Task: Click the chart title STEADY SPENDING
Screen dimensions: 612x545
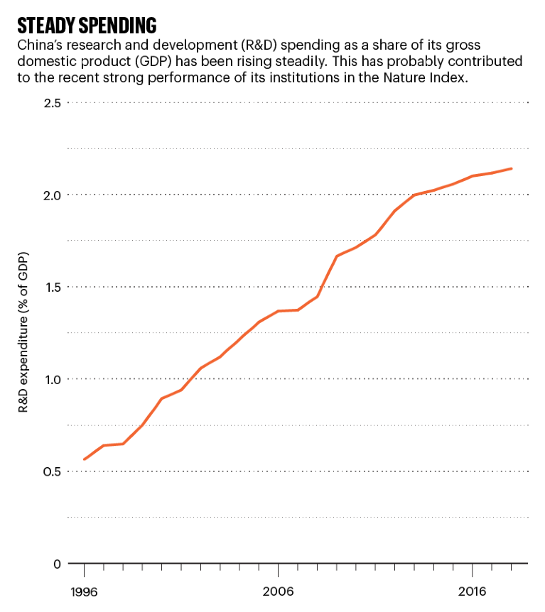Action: [86, 26]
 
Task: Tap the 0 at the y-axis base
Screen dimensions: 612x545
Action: [58, 564]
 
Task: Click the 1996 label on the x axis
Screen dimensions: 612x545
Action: [84, 591]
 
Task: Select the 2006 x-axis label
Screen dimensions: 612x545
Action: [278, 591]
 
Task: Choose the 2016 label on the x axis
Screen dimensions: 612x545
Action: [472, 591]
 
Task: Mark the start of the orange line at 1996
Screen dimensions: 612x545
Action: [85, 459]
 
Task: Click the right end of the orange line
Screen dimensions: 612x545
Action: [512, 169]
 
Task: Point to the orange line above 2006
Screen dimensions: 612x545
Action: [278, 311]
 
